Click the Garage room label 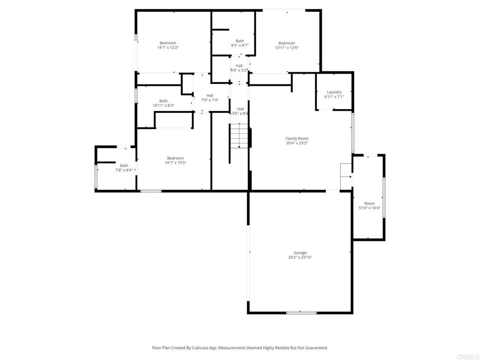pyautogui.click(x=300, y=253)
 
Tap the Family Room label pyautogui.click(x=297, y=138)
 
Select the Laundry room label pyautogui.click(x=334, y=92)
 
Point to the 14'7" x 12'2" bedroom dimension pyautogui.click(x=168, y=47)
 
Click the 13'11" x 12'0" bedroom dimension pyautogui.click(x=287, y=47)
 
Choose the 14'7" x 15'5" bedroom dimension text pyautogui.click(x=175, y=163)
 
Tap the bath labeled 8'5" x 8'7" pyautogui.click(x=240, y=43)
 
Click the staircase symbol pyautogui.click(x=239, y=136)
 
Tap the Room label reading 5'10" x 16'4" pyautogui.click(x=369, y=205)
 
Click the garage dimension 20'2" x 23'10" pyautogui.click(x=300, y=257)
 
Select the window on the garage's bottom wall pyautogui.click(x=301, y=313)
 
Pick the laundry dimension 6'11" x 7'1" pyautogui.click(x=334, y=97)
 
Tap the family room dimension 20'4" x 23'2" pyautogui.click(x=297, y=143)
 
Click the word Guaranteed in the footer pyautogui.click(x=317, y=348)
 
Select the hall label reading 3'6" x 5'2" pyautogui.click(x=239, y=68)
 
